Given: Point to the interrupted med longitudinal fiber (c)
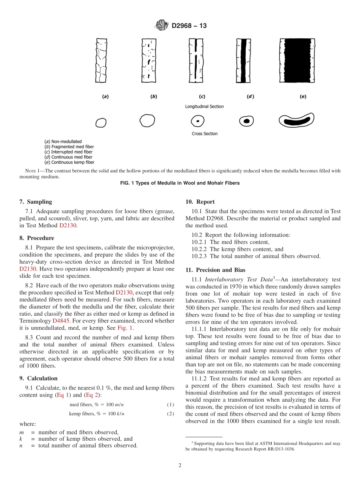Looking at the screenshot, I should tap(196, 61).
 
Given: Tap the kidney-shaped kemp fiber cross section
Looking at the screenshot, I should tap(296, 121).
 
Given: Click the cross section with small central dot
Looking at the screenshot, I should tap(197, 121).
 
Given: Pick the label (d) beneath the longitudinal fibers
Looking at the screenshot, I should tap(250, 97).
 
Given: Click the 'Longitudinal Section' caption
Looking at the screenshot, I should tap(204, 106).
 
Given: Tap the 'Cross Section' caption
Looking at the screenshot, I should tap(205, 134).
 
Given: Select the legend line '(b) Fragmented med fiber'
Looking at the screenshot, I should tap(69, 147).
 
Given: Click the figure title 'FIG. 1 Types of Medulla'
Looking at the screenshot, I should tap(180, 183).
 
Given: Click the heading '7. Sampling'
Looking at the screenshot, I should tap(36, 202).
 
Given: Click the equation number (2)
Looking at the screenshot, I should tap(171, 414).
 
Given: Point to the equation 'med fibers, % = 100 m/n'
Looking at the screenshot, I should tap(97, 405).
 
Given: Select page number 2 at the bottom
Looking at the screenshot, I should tap(180, 466).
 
